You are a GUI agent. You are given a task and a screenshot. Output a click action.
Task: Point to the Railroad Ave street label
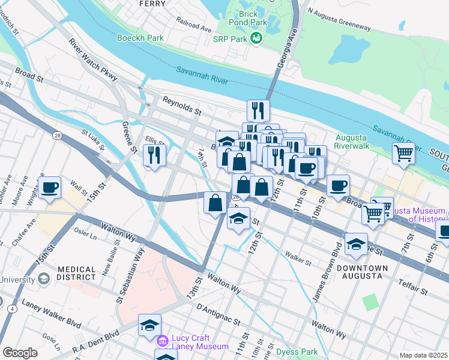tap(194, 24)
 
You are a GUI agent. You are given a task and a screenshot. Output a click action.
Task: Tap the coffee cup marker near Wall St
tap(49, 187)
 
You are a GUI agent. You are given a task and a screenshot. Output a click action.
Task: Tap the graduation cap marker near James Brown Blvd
tap(356, 244)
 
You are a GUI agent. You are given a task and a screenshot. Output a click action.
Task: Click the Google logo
tap(20, 353)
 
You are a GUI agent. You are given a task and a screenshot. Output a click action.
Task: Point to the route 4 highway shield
tap(11, 308)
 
